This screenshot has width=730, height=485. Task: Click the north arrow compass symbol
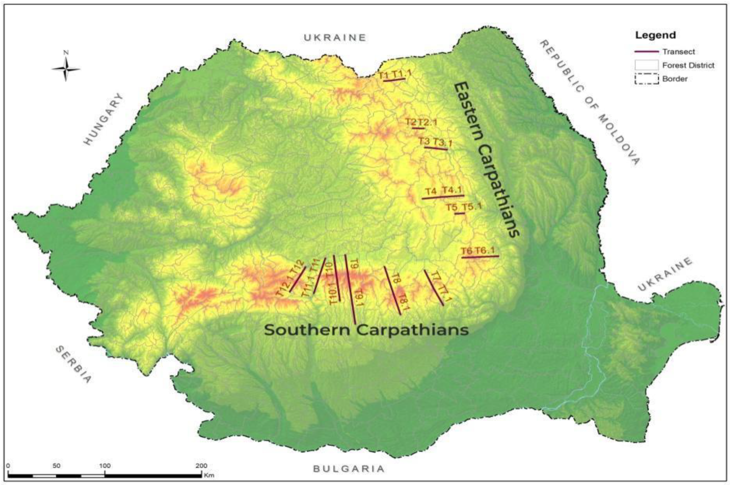coord(66,68)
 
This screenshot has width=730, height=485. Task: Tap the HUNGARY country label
coord(104,119)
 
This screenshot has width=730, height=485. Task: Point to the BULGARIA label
coord(349,469)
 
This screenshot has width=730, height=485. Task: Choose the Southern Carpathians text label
coord(366,330)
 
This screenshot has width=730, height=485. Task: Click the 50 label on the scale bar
coord(56,466)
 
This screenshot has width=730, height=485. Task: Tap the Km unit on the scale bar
coord(209,475)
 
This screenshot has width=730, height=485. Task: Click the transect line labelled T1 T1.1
coord(394,80)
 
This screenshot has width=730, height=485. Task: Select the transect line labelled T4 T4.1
coord(443,197)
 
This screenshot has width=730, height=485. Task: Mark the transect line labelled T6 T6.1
coord(480,256)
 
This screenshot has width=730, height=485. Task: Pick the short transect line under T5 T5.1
coord(459,214)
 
